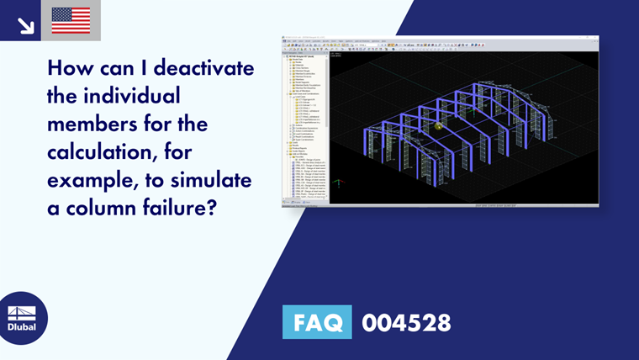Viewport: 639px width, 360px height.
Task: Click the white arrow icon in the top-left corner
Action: pyautogui.click(x=25, y=25)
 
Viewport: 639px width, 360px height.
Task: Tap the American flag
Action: pyautogui.click(x=71, y=20)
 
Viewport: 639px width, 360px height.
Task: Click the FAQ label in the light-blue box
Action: pyautogui.click(x=317, y=322)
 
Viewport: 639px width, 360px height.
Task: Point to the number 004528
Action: pyautogui.click(x=406, y=322)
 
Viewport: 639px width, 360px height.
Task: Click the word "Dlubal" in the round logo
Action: pyautogui.click(x=21, y=327)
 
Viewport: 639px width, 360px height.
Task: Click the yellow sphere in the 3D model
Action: pyautogui.click(x=438, y=126)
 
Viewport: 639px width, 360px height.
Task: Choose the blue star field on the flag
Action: pyautogui.click(x=61, y=14)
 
